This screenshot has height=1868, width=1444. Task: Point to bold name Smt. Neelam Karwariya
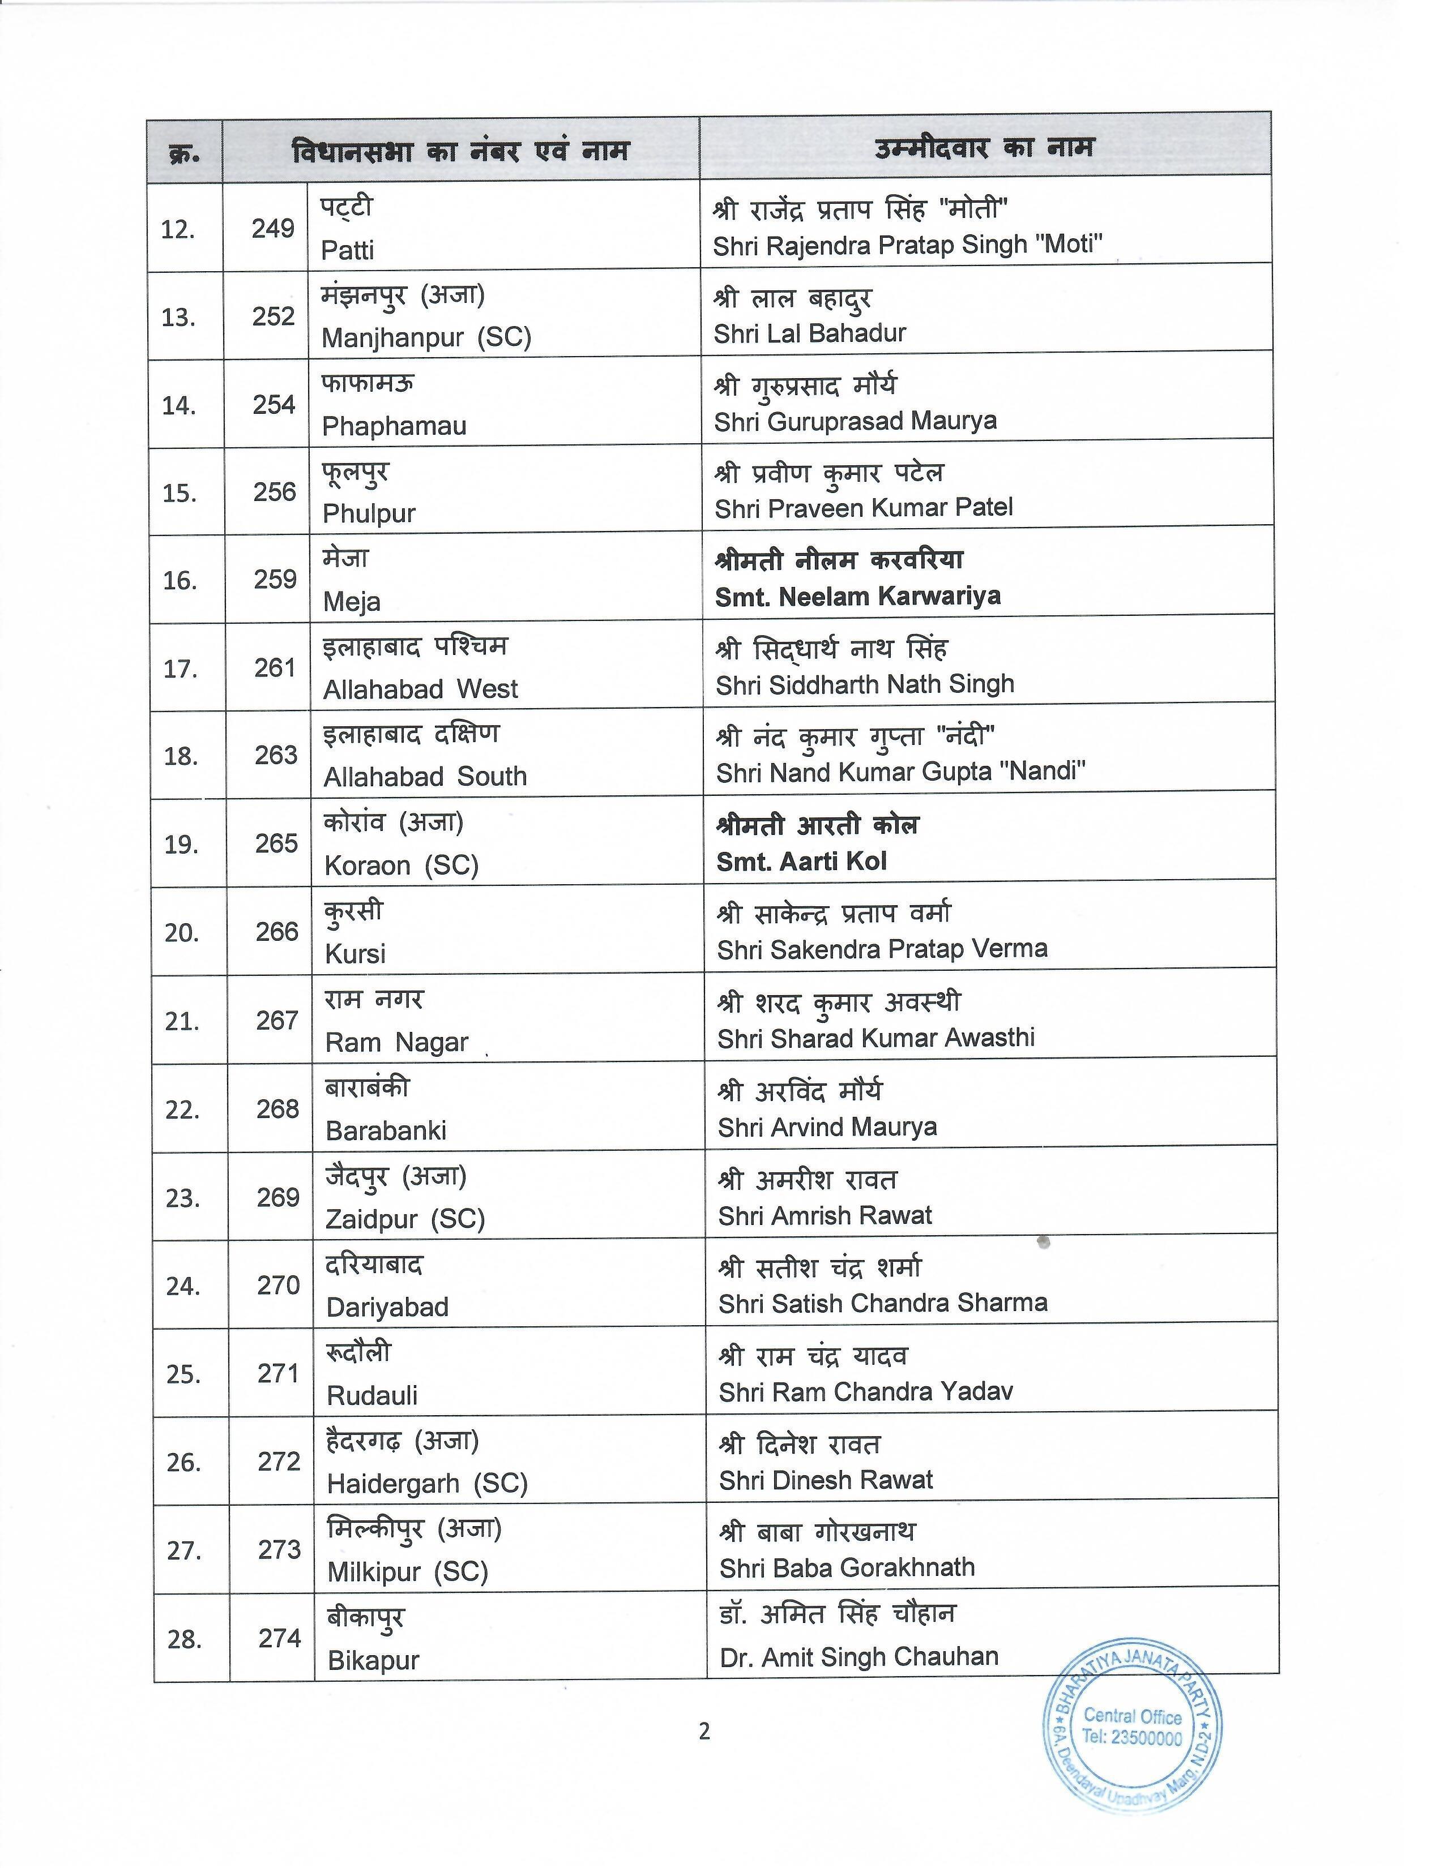pyautogui.click(x=857, y=596)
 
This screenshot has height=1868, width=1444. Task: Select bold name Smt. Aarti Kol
pyautogui.click(x=801, y=862)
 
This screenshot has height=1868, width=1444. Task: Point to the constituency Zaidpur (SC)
pyautogui.click(x=405, y=1219)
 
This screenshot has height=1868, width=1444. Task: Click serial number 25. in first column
pyautogui.click(x=184, y=1374)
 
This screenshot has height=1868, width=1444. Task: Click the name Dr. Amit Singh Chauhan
pyautogui.click(x=859, y=1657)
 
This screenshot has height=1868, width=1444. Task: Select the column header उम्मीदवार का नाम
pyautogui.click(x=984, y=149)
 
